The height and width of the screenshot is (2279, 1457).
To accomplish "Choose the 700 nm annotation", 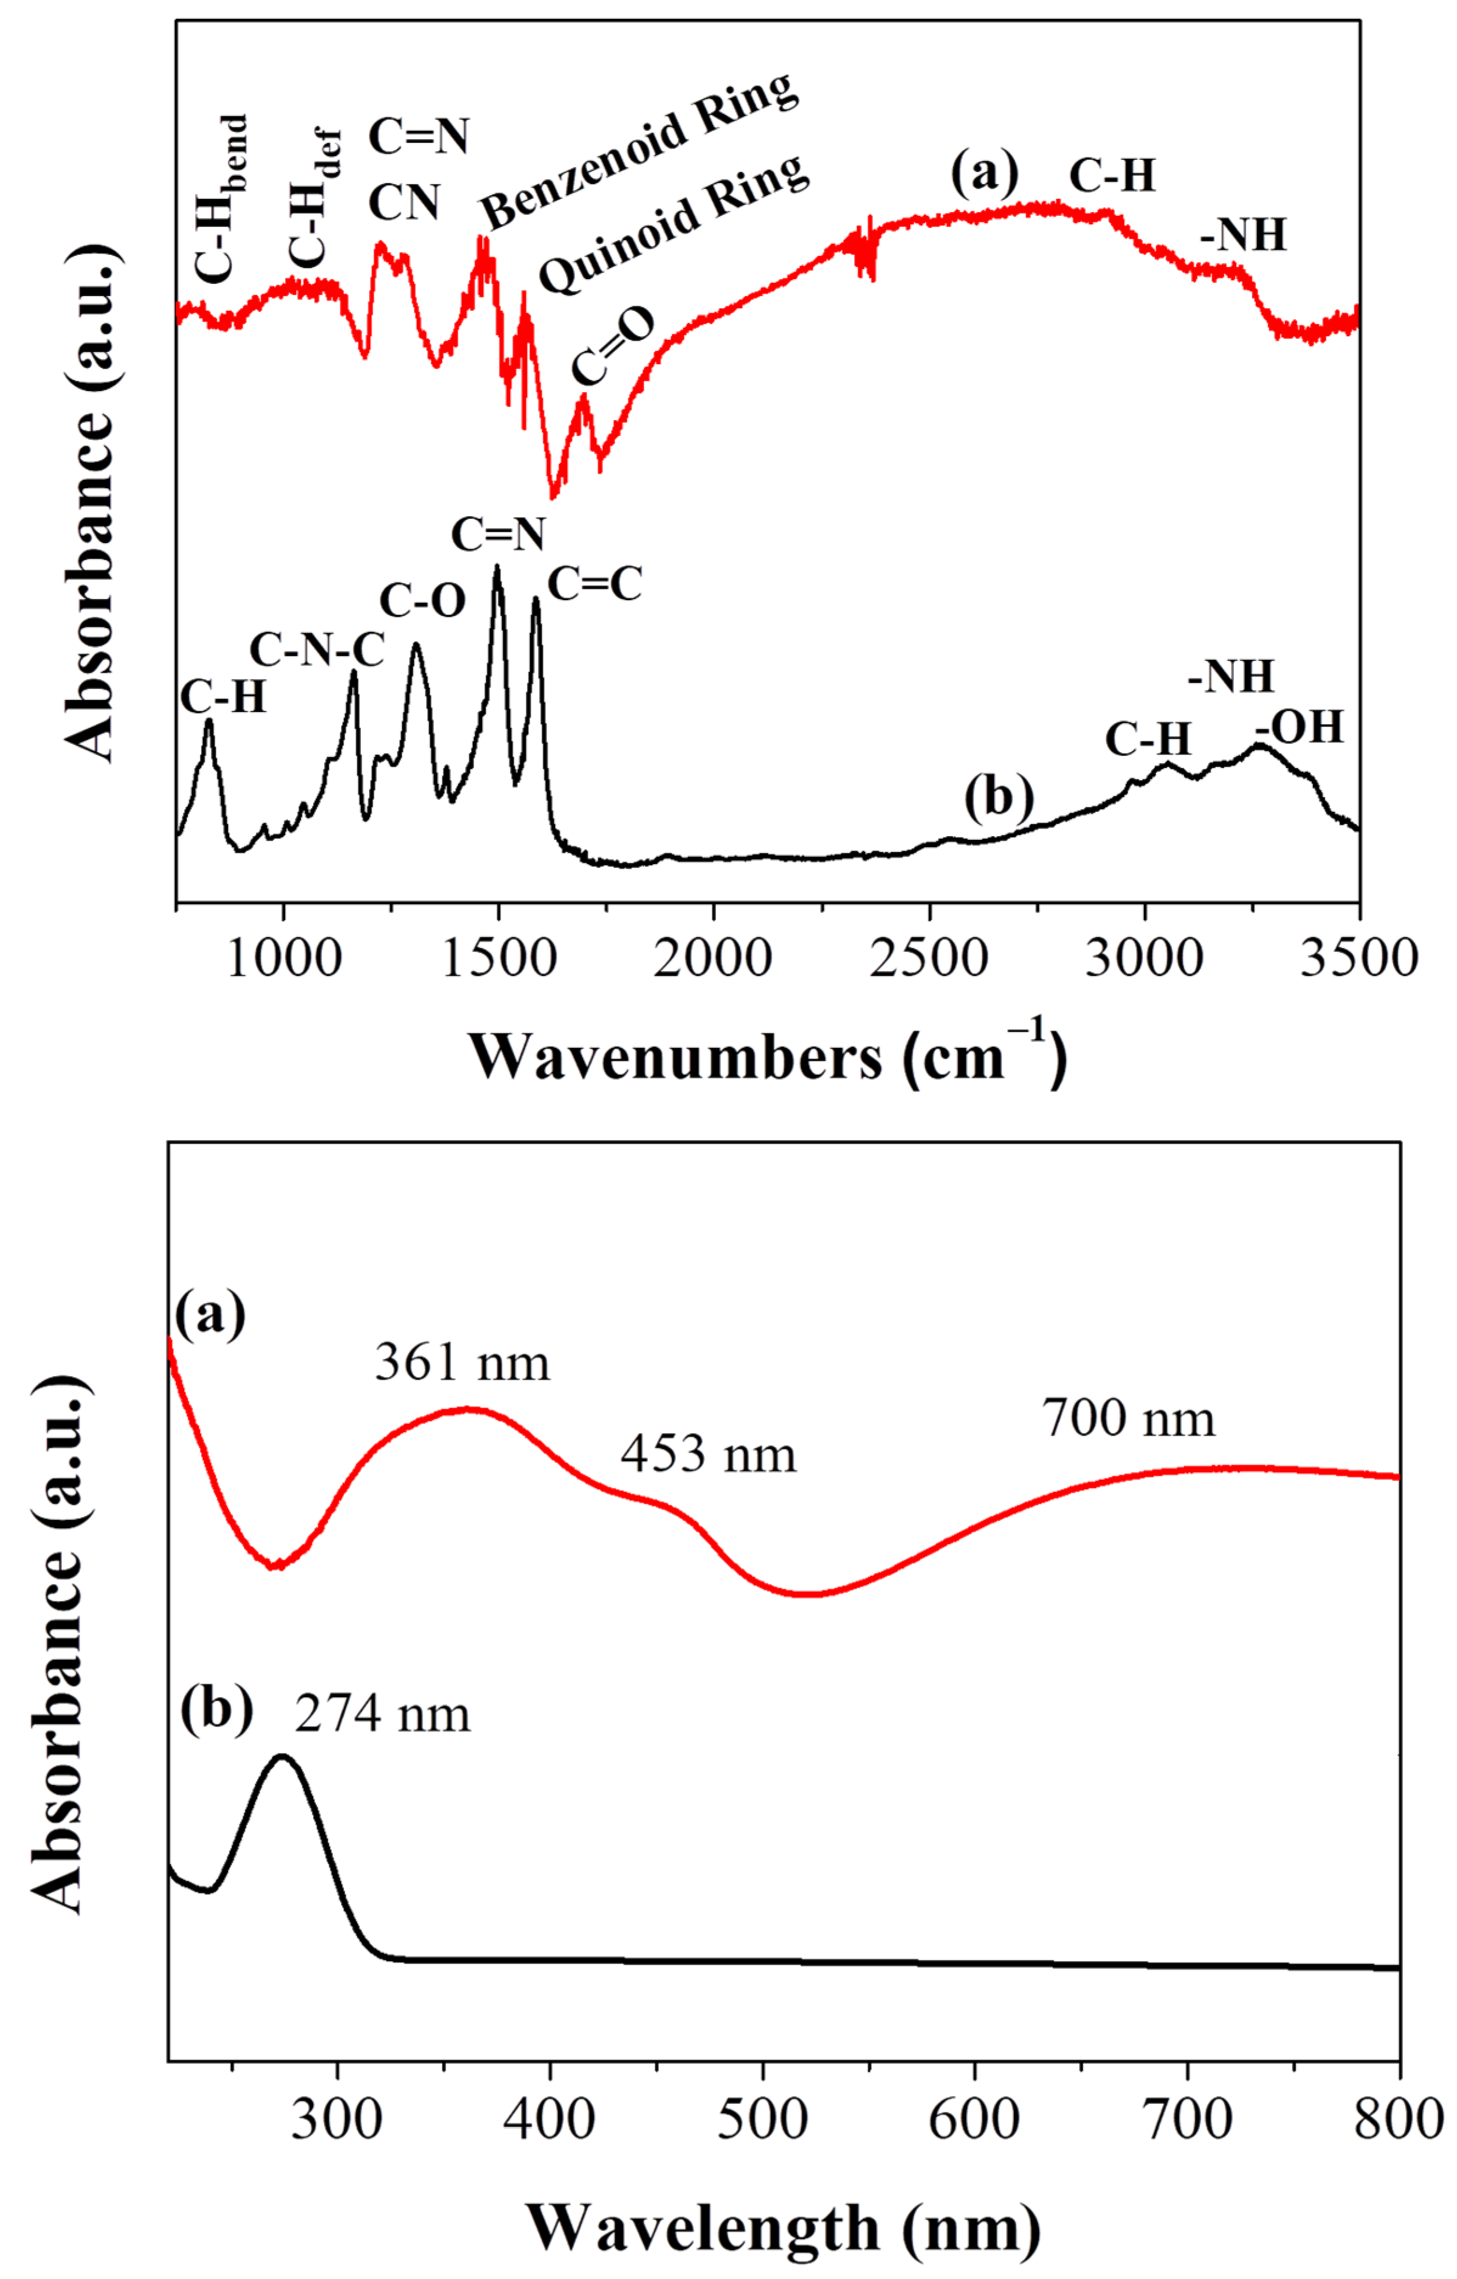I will (x=1129, y=1419).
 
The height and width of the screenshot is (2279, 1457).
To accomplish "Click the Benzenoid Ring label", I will (x=639, y=151).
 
